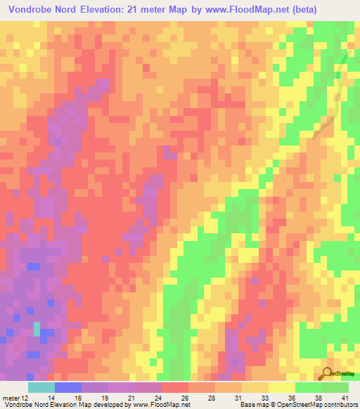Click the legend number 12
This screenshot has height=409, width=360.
point(27,398)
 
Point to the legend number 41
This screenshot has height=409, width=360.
point(345,398)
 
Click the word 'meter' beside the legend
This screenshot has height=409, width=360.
point(11,398)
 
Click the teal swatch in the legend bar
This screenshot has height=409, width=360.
point(41,387)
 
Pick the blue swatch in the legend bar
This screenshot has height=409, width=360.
point(67,387)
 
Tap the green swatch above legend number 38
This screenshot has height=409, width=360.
point(308,387)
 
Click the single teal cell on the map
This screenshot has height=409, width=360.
point(37,329)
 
